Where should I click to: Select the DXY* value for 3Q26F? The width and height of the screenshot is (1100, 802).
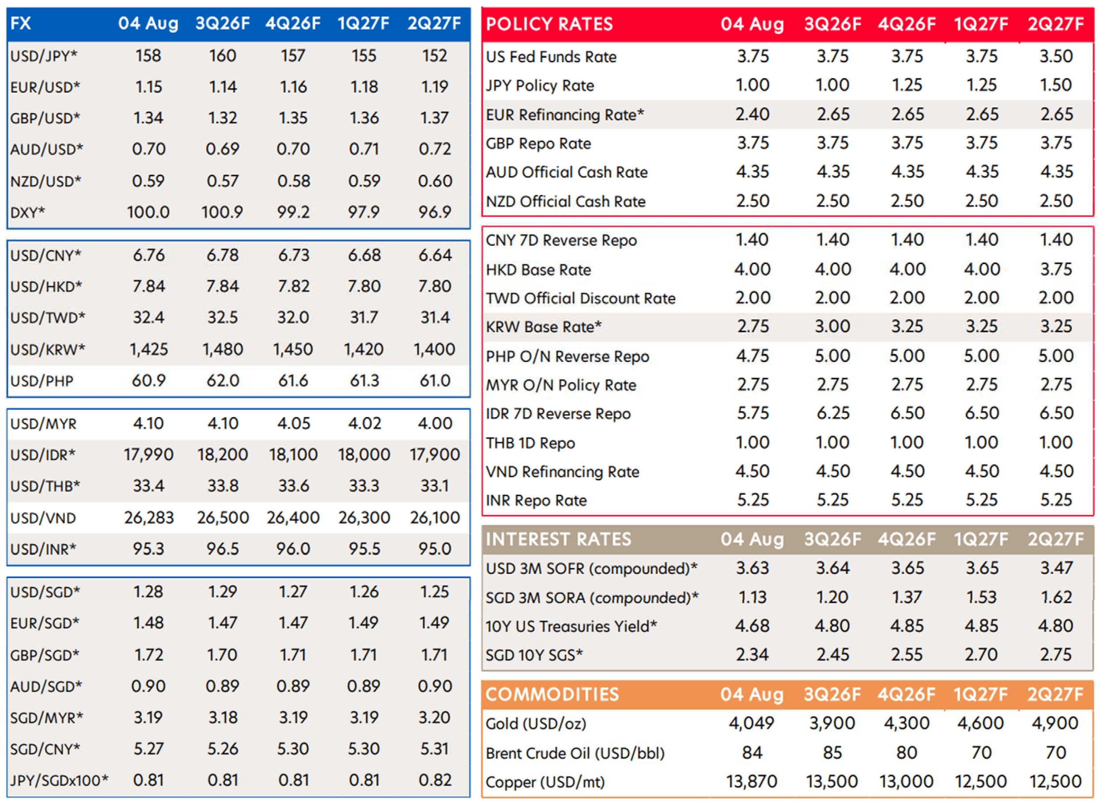[223, 212]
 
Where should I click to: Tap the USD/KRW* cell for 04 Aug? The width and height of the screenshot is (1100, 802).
[149, 349]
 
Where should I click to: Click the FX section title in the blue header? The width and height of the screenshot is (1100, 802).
[21, 23]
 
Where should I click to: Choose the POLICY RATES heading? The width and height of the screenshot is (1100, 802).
[549, 24]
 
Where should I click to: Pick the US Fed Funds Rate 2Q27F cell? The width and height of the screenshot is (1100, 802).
[1056, 56]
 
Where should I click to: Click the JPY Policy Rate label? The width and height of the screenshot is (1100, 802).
[540, 86]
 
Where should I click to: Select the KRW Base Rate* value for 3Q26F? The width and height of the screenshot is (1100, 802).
[832, 326]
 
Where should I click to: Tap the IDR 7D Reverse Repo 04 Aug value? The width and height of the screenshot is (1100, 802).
[753, 413]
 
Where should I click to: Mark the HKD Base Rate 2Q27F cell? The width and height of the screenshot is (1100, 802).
[1056, 269]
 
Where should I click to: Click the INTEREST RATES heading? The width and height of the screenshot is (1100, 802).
[559, 539]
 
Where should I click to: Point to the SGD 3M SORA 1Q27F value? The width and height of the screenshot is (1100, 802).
[981, 597]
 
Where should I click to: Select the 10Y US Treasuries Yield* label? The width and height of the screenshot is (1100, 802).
[571, 626]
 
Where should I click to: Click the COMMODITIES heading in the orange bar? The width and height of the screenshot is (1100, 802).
[552, 694]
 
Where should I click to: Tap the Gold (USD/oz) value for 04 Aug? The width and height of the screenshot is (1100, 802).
[751, 723]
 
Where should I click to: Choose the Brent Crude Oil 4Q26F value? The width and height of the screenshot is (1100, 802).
[907, 753]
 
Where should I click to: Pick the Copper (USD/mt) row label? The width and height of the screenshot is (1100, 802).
[545, 782]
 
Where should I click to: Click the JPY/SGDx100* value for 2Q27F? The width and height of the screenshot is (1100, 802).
[435, 780]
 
